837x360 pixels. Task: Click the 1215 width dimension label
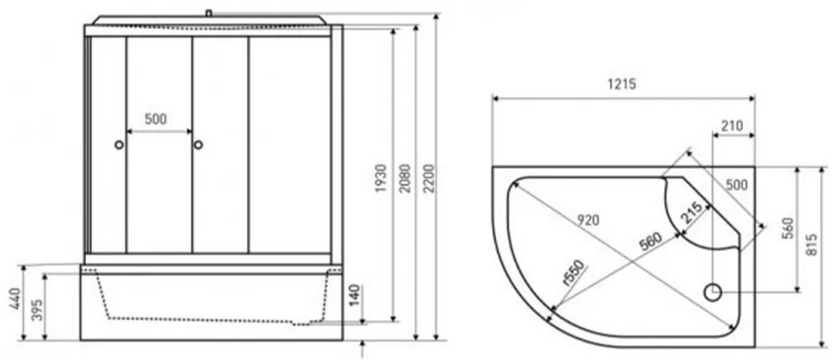click(623, 84)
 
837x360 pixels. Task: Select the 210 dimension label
click(732, 126)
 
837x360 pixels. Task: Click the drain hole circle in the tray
click(712, 292)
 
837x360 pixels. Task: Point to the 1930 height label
click(380, 178)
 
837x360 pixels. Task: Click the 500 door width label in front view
click(156, 119)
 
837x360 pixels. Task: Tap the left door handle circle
click(119, 145)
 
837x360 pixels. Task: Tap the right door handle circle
click(198, 145)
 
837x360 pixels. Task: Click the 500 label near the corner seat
click(737, 184)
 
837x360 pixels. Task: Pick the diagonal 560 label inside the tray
click(650, 239)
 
